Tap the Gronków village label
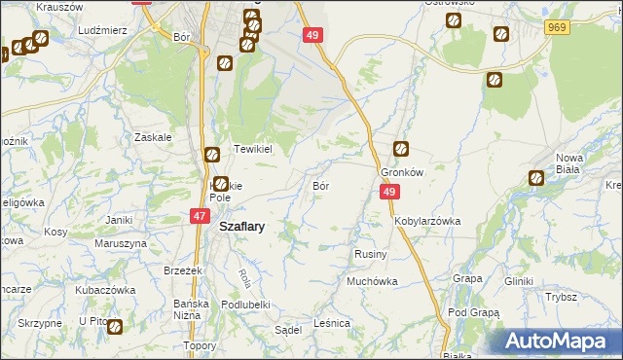click(400, 171)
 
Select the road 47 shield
click(198, 216)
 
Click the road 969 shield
click(557, 28)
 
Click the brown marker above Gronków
click(400, 149)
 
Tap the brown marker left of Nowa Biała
click(535, 178)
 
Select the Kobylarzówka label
click(426, 221)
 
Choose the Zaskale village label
click(153, 137)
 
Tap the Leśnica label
click(332, 323)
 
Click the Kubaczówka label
click(105, 290)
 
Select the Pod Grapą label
click(474, 312)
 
